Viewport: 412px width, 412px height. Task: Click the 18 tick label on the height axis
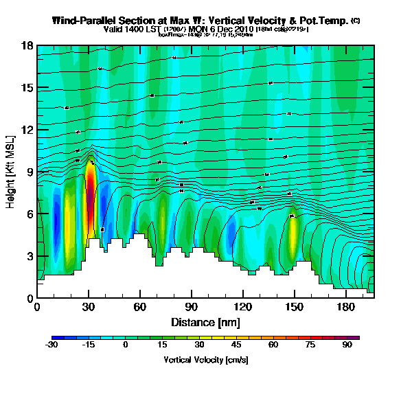point(28,45)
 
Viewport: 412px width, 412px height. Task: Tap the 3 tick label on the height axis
point(30,256)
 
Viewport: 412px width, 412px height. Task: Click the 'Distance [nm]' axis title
point(205,322)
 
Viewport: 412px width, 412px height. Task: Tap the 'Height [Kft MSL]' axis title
point(11,172)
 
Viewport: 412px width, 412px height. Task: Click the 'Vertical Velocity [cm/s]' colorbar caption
point(205,360)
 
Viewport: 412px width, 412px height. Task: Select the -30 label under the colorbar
point(51,346)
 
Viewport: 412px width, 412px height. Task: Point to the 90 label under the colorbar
point(347,346)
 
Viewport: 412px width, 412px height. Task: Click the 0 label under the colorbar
point(125,346)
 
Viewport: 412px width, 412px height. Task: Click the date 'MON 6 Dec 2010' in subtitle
point(220,30)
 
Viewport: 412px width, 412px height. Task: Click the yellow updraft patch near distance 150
point(293,233)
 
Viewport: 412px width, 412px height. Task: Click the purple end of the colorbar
point(356,338)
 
